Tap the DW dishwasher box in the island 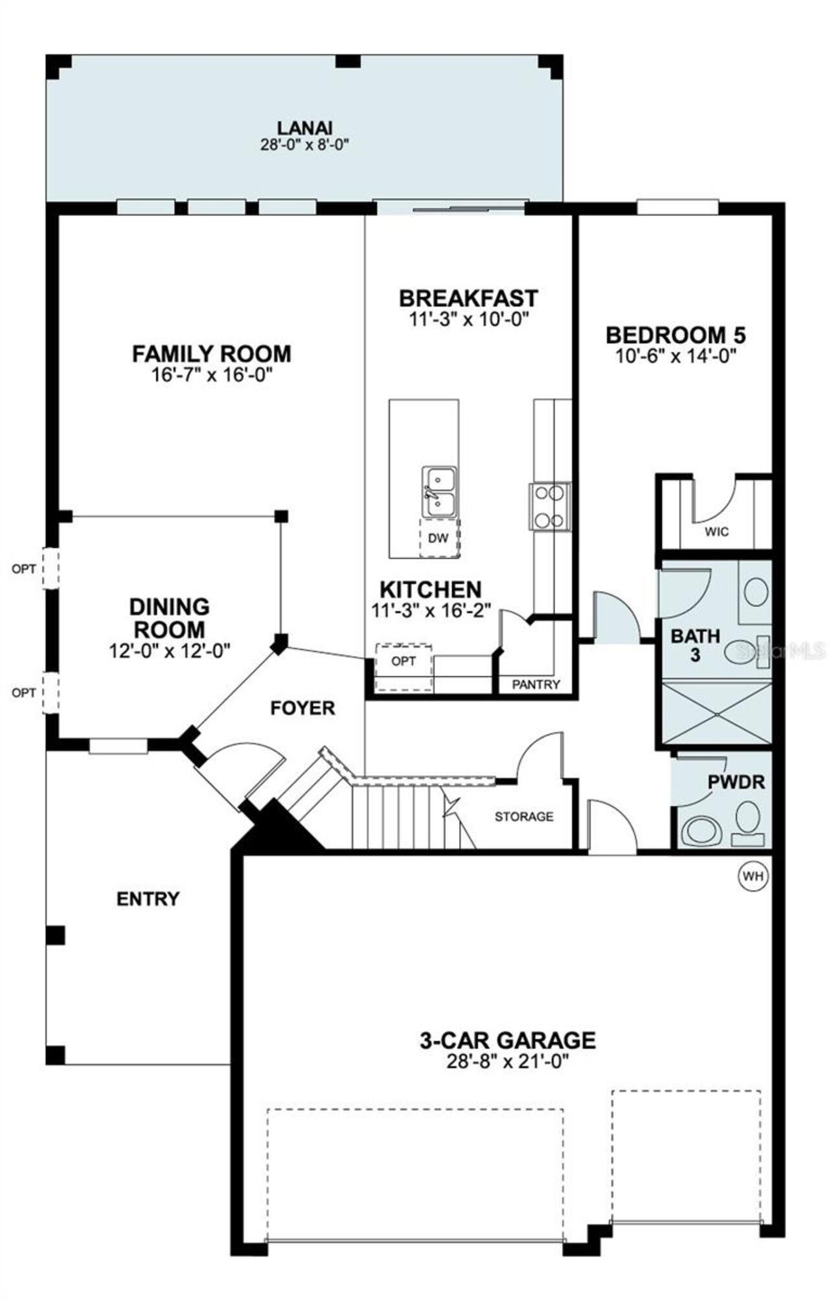(x=439, y=537)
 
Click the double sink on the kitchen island (x=439, y=492)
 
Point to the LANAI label (x=304, y=128)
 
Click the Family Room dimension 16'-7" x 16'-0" (x=211, y=375)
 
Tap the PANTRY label (x=536, y=684)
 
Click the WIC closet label (x=717, y=532)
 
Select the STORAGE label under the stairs (x=524, y=817)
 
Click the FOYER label (x=302, y=708)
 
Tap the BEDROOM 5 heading (x=675, y=335)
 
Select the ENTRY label (x=148, y=899)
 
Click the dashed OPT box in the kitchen (x=404, y=666)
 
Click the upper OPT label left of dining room (x=24, y=569)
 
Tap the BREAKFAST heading (x=468, y=298)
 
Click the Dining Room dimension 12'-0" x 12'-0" (x=170, y=651)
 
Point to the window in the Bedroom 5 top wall (x=677, y=208)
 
